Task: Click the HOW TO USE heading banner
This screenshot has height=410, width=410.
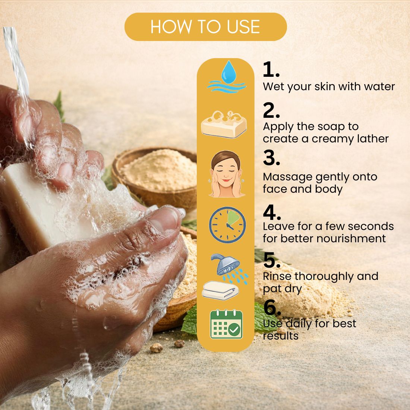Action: click(x=205, y=27)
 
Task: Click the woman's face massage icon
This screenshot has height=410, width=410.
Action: click(x=226, y=174)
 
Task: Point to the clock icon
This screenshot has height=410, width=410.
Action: click(x=227, y=225)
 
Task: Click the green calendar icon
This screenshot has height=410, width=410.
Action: click(x=227, y=324)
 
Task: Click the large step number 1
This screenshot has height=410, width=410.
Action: click(x=271, y=70)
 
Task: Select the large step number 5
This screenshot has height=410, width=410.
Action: click(x=272, y=260)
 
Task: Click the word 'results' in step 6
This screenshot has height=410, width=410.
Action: click(x=281, y=335)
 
